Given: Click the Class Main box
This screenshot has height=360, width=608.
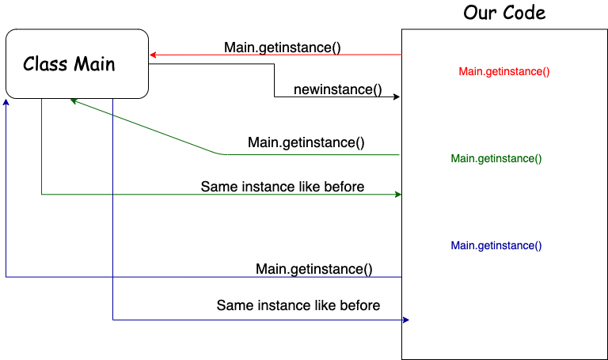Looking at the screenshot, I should pyautogui.click(x=77, y=63).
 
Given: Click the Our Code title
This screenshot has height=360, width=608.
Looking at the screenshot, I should pyautogui.click(x=504, y=13).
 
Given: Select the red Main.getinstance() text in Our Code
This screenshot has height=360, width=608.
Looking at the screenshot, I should pyautogui.click(x=504, y=71).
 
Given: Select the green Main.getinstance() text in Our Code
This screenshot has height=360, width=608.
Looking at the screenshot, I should pyautogui.click(x=496, y=158).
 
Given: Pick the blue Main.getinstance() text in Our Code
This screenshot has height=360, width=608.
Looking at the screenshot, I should pyautogui.click(x=496, y=245).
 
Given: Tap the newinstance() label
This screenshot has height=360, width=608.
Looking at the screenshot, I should pyautogui.click(x=337, y=89).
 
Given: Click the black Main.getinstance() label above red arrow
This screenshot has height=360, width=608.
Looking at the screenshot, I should pyautogui.click(x=283, y=47).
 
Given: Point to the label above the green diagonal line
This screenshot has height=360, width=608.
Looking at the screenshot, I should pyautogui.click(x=306, y=142).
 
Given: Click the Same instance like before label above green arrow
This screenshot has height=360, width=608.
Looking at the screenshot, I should pyautogui.click(x=283, y=187).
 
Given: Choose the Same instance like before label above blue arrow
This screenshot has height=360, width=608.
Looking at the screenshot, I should pyautogui.click(x=298, y=305).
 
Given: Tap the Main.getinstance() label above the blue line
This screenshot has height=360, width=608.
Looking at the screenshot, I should pyautogui.click(x=314, y=269).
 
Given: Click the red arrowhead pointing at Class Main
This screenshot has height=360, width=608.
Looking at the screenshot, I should pyautogui.click(x=153, y=55).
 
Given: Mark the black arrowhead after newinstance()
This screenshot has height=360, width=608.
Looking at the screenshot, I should pyautogui.click(x=397, y=97).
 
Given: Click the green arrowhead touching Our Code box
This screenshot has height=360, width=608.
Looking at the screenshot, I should pyautogui.click(x=399, y=194).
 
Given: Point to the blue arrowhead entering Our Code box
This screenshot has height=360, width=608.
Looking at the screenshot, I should pyautogui.click(x=405, y=320).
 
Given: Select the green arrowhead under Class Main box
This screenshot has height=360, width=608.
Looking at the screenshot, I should pyautogui.click(x=74, y=100).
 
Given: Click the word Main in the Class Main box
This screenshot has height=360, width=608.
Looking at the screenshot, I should pyautogui.click(x=95, y=63).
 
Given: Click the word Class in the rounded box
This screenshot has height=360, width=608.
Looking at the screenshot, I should pyautogui.click(x=44, y=63).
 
